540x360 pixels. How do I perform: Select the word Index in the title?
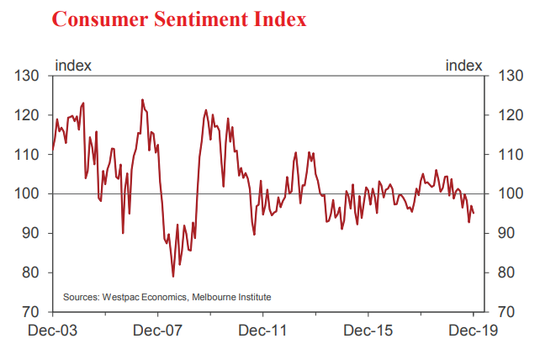pyautogui.click(x=281, y=19)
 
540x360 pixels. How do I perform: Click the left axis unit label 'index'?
pyautogui.click(x=73, y=65)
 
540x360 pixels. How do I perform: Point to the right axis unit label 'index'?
pyautogui.click(x=463, y=65)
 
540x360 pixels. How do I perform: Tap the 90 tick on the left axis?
pyautogui.click(x=31, y=234)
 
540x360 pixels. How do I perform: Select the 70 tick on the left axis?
pyautogui.click(x=31, y=312)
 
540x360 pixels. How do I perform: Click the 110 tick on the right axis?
pyautogui.click(x=509, y=156)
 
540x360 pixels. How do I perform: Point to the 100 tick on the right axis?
pyautogui.click(x=509, y=194)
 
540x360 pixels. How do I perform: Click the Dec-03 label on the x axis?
pyautogui.click(x=52, y=331)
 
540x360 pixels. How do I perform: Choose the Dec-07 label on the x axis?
pyautogui.click(x=157, y=331)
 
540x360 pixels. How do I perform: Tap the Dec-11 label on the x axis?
pyautogui.click(x=262, y=331)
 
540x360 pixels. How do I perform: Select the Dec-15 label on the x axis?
pyautogui.click(x=368, y=331)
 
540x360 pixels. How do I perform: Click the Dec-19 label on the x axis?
pyautogui.click(x=473, y=331)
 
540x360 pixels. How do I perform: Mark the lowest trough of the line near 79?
pyautogui.click(x=173, y=276)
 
